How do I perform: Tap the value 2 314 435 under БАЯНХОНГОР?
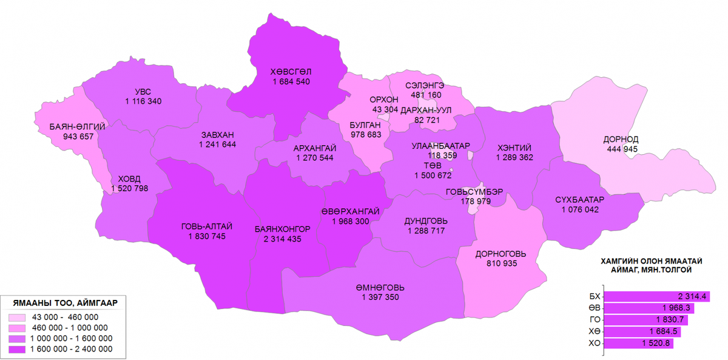pos(283,239)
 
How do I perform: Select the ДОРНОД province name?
pos(621,139)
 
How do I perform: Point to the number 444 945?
pos(621,149)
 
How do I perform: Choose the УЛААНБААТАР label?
pos(441,146)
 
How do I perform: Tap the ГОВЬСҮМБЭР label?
pos(474,191)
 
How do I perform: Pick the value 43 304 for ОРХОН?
pos(385,110)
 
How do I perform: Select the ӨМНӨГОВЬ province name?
pos(380,287)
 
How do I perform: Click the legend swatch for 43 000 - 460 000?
pos(19,317)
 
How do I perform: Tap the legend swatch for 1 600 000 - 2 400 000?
pos(19,349)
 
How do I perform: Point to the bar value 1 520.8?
pos(655,344)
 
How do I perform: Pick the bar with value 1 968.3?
pos(649,308)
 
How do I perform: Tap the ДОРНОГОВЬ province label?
pos(500,254)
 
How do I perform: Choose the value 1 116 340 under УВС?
pos(143,101)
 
